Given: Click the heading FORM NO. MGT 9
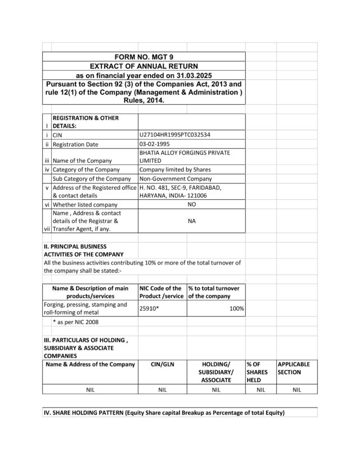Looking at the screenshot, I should (143, 57).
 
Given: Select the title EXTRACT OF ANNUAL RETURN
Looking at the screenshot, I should (143, 66).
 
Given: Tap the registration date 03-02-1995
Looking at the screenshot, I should (154, 144).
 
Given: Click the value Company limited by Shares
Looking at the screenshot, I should (175, 169).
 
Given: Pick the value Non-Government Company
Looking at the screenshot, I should (175, 178).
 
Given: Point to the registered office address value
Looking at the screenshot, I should (180, 191).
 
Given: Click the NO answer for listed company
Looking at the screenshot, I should (191, 205).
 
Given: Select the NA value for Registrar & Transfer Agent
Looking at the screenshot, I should (191, 222).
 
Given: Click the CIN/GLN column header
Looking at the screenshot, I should (163, 364).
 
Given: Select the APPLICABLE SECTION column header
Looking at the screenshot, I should (293, 368).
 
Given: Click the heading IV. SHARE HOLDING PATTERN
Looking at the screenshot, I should (164, 413).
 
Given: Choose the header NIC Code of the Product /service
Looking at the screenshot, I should (161, 292).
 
